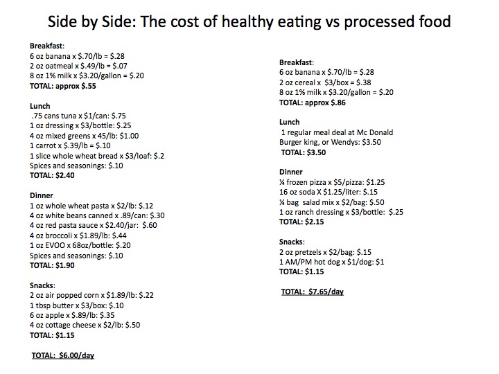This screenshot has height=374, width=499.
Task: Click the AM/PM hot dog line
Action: (x=332, y=262)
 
